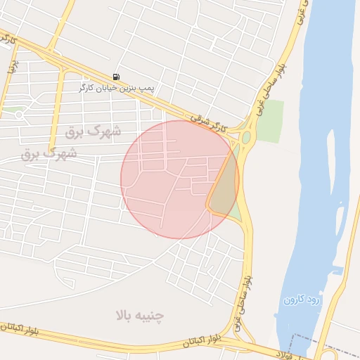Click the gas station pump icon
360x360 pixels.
click(x=115, y=77)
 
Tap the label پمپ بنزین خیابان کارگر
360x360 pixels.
click(x=116, y=88)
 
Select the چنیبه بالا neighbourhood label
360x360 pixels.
click(x=139, y=315)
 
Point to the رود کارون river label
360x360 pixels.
click(x=302, y=300)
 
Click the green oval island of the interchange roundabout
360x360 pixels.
click(x=246, y=138)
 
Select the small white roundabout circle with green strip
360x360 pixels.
click(x=19, y=114)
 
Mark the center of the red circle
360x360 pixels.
click(x=179, y=179)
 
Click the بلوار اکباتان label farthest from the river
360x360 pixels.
click(x=21, y=328)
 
